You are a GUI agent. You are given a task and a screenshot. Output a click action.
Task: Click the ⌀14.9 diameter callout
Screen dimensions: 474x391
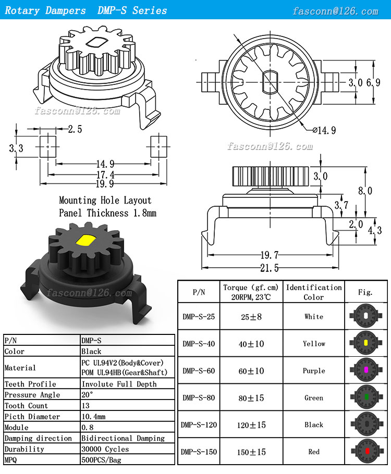click(x=324, y=130)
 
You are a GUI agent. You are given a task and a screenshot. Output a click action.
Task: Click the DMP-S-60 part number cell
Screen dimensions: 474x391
click(x=199, y=371)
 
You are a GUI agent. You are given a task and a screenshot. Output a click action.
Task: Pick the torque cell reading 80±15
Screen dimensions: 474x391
click(x=251, y=398)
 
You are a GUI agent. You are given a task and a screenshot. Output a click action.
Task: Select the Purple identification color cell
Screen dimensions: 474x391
click(x=314, y=371)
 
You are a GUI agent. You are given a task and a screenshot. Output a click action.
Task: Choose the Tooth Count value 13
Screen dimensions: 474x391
click(x=85, y=406)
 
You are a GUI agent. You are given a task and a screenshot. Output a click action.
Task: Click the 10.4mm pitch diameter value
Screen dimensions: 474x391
click(x=93, y=417)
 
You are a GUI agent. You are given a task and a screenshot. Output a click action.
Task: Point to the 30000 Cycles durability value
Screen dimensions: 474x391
click(x=105, y=449)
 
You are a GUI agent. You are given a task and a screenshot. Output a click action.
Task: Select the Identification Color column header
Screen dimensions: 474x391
click(x=314, y=292)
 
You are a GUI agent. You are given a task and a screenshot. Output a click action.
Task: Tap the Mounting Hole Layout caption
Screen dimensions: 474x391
click(x=105, y=201)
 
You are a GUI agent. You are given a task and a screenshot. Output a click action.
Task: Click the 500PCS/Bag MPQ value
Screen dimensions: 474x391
click(x=102, y=460)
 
